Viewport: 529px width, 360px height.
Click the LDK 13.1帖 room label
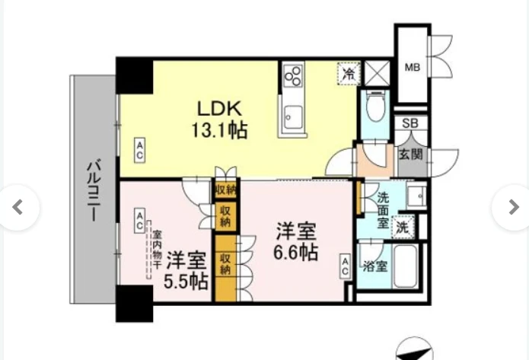(x=220, y=119)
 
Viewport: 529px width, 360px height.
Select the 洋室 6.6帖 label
(x=296, y=241)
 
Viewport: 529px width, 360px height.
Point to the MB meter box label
(x=413, y=68)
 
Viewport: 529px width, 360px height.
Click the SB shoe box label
(x=410, y=123)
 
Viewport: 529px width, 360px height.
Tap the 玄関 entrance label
(x=410, y=155)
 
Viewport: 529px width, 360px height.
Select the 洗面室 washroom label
(x=383, y=210)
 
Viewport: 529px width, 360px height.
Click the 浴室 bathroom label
(x=374, y=266)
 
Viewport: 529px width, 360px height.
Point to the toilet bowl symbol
(x=374, y=106)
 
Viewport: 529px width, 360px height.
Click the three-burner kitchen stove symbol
(x=292, y=76)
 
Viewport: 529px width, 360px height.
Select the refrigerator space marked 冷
(x=349, y=74)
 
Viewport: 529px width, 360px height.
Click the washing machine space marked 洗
(x=402, y=228)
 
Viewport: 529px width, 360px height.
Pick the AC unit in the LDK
(x=140, y=150)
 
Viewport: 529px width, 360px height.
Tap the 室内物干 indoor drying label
(x=156, y=250)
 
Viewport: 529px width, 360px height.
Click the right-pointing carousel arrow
(x=513, y=207)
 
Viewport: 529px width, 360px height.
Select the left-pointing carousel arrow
(x=18, y=207)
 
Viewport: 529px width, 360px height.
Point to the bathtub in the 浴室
(x=405, y=267)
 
